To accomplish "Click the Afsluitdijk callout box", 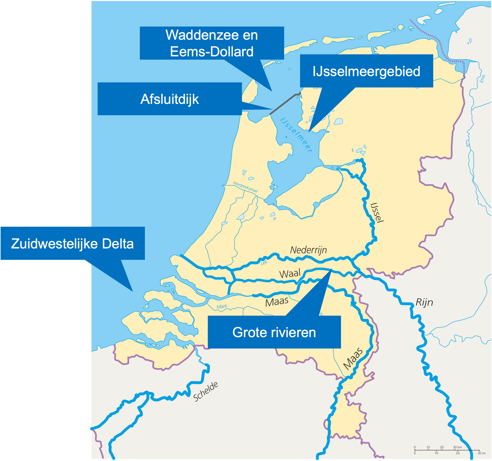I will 170,99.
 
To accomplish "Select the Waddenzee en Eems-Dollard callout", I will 212,43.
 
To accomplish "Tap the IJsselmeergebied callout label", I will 366,71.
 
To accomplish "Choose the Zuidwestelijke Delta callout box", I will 73,243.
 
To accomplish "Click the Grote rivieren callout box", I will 274,332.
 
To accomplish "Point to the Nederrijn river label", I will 308,250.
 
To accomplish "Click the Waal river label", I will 290,273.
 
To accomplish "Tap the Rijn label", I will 424,302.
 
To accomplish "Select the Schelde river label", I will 205,391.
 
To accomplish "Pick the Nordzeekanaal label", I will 245,187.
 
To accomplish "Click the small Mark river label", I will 222,307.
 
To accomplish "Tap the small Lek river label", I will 264,263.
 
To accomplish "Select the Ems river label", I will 482,79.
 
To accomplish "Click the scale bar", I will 447,450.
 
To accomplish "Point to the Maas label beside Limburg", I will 353,359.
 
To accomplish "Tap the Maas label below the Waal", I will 277,302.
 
